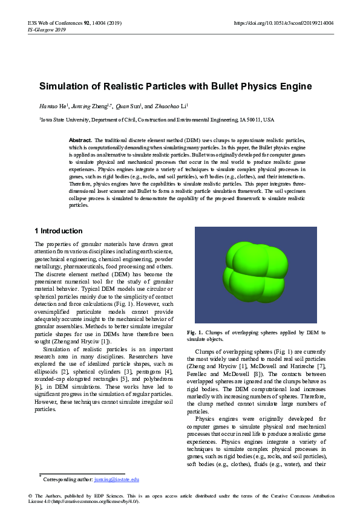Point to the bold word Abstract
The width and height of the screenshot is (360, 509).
(80, 140)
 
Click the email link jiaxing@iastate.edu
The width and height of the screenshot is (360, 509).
(117, 479)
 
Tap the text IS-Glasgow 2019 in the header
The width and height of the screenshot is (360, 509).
(47, 28)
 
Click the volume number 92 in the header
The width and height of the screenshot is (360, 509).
(88, 22)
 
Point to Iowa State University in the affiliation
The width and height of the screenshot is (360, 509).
(62, 120)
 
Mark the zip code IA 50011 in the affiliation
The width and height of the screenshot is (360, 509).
(250, 120)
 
